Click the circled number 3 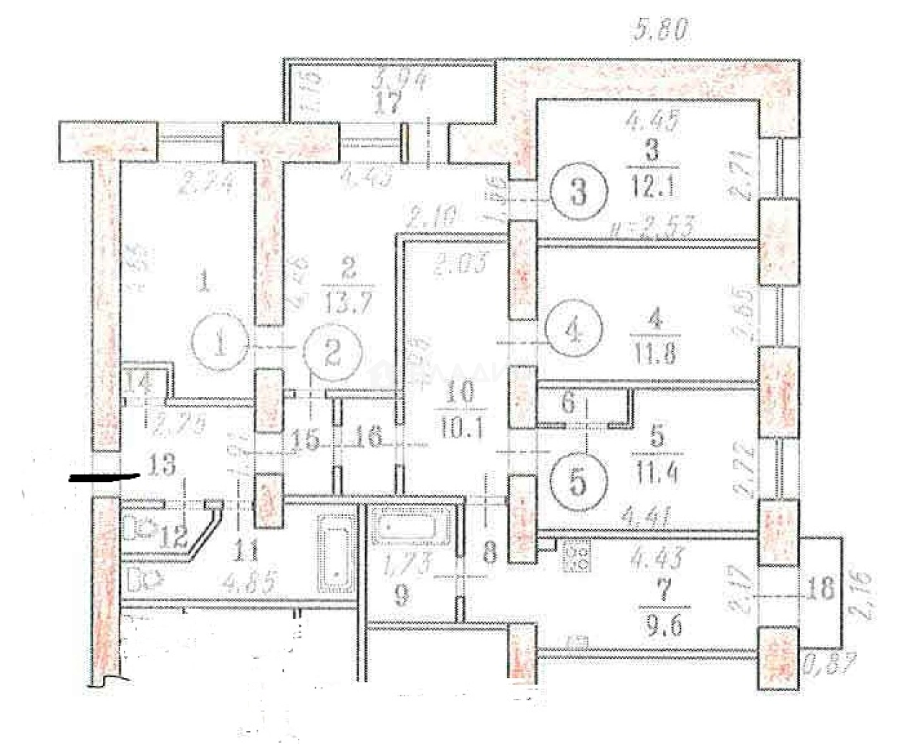579,191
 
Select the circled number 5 579,481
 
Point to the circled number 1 221,346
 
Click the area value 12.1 651,188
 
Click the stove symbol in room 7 576,557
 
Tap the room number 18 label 822,589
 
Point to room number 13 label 163,466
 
